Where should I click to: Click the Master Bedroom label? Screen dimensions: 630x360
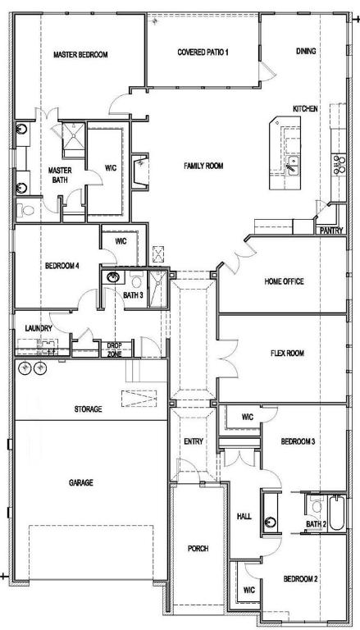80,54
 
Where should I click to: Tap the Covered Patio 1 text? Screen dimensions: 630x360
203,52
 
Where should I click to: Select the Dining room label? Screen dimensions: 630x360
305,51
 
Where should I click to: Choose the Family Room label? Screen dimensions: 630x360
203,166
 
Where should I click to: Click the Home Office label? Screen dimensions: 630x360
284,281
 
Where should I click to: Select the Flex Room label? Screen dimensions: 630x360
287,354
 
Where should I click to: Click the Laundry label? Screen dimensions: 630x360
39,328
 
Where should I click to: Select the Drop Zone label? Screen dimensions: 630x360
114,349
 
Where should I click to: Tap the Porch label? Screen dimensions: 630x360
197,548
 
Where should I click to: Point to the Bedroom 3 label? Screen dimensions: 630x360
298,441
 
